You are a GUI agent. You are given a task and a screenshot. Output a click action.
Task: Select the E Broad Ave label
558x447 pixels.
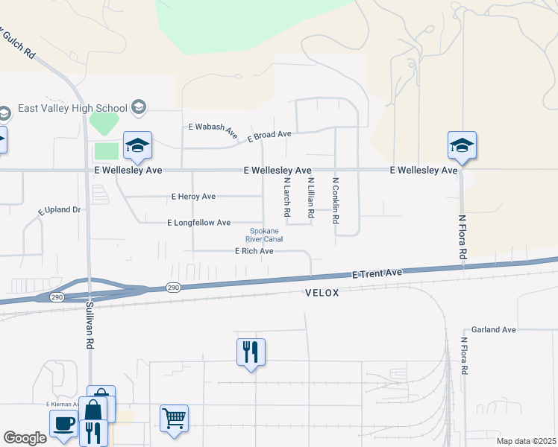coord(269,136)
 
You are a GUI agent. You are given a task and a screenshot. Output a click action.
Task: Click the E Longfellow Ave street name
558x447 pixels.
coord(198,223)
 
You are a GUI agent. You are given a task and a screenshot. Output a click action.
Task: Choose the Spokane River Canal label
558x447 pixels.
coord(265,235)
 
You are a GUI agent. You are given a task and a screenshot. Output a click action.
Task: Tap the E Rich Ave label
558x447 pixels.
coord(254,252)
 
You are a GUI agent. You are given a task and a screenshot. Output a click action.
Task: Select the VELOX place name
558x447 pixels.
coord(322,294)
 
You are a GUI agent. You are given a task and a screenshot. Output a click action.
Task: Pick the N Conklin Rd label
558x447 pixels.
coord(336,200)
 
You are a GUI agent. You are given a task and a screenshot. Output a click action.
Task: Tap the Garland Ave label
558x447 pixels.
coord(494,329)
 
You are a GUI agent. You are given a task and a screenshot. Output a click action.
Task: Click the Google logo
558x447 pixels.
coord(24,438)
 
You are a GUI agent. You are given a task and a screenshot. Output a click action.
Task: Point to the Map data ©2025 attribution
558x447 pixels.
coord(525,441)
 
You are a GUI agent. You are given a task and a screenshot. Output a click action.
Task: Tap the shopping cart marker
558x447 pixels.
coord(174,418)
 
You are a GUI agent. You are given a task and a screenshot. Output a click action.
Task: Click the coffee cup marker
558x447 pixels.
coord(63,422)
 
